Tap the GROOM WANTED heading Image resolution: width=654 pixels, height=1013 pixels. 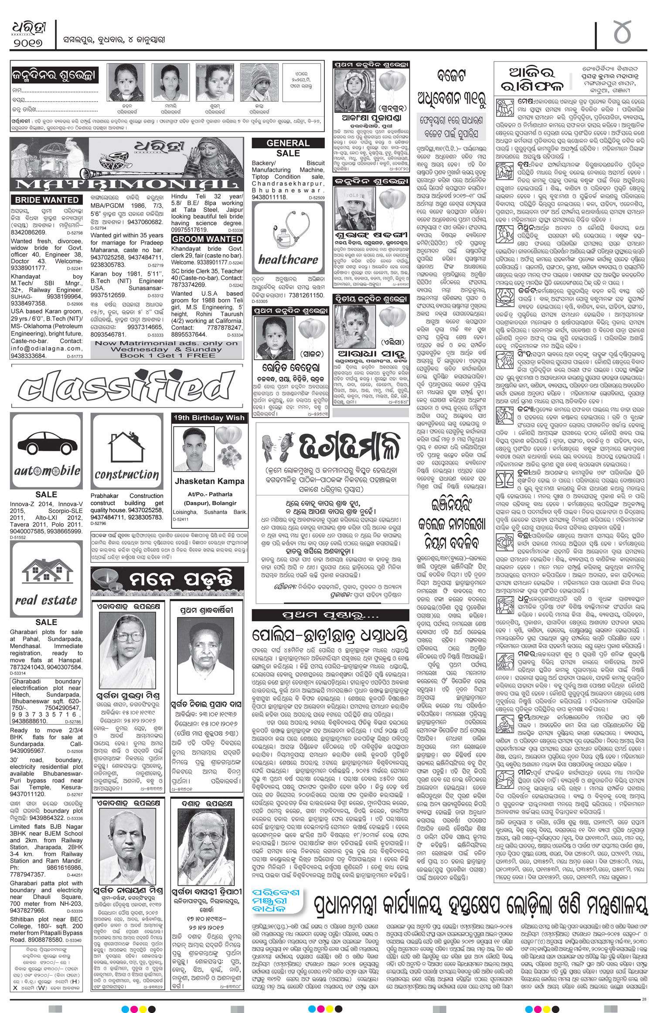[207, 239]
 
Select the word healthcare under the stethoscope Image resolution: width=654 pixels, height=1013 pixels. [288, 260]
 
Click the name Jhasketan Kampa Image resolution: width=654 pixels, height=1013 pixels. [210, 482]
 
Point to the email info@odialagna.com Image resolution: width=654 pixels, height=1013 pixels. [46, 348]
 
